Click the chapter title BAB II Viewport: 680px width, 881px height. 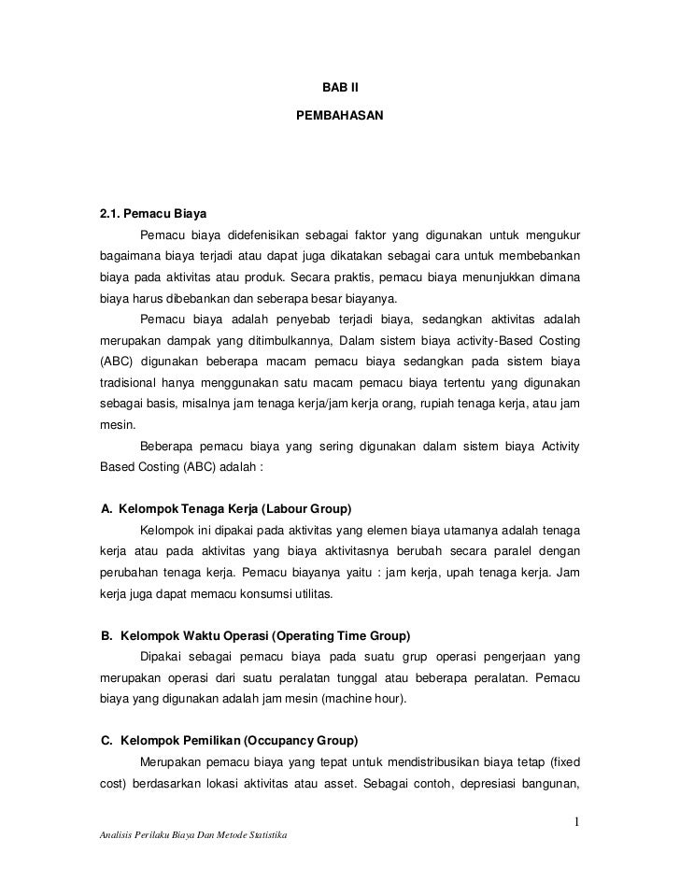click(x=340, y=89)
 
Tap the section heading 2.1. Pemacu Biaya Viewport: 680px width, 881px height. click(x=152, y=211)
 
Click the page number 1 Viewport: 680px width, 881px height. click(x=577, y=822)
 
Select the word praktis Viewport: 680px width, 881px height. click(x=365, y=277)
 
